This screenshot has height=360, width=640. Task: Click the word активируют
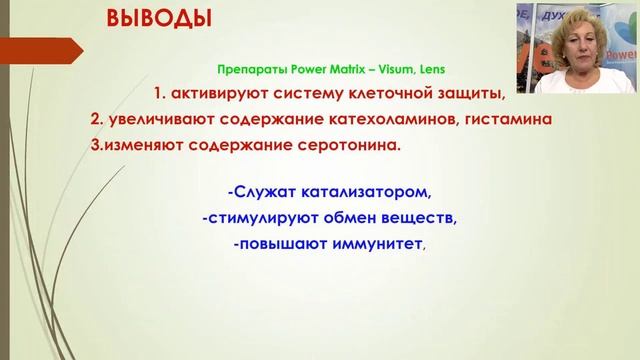tap(222, 94)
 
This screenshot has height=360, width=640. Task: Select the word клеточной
tap(403, 94)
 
